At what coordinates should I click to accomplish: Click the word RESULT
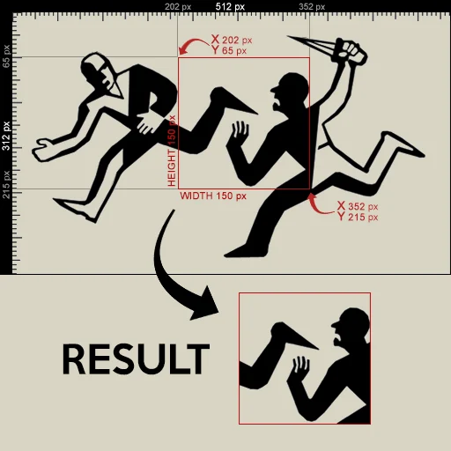click(x=136, y=359)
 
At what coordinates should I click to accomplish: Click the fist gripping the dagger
click(x=351, y=52)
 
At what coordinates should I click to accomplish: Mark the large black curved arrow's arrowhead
click(x=206, y=305)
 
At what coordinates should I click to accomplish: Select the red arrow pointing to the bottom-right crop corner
click(x=320, y=204)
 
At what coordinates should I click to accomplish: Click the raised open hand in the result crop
click(x=300, y=367)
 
